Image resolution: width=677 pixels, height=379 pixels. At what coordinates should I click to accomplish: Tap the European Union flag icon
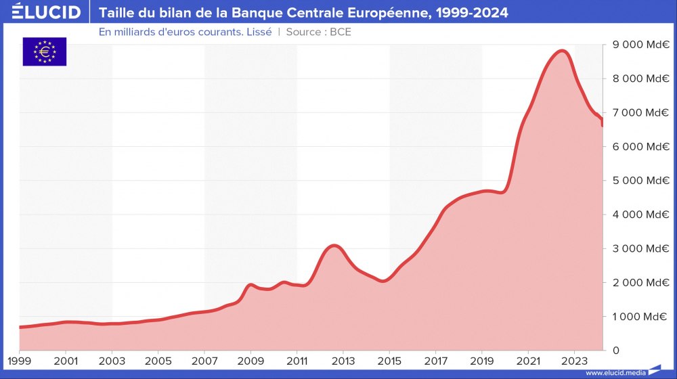[45, 51]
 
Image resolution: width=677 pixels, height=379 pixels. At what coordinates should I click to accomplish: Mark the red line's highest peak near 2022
[561, 51]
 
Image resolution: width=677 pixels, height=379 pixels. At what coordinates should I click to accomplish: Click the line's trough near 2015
[383, 280]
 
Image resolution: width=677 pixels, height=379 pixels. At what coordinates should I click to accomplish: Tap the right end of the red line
[603, 123]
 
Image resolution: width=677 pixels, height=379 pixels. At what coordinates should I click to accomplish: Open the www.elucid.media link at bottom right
[615, 372]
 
